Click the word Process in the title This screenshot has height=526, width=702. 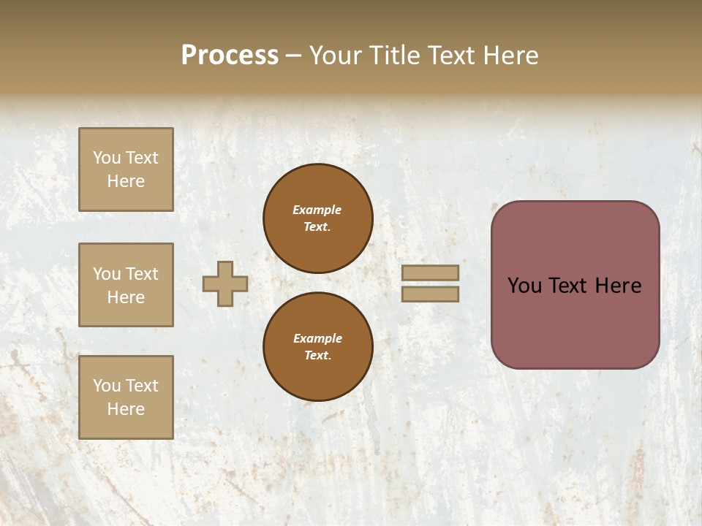pyautogui.click(x=230, y=56)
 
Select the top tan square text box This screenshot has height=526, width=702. pyautogui.click(x=126, y=169)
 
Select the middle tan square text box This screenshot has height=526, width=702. pyautogui.click(x=126, y=285)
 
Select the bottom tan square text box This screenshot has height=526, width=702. pyautogui.click(x=126, y=397)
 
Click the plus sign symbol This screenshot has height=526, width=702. pyautogui.click(x=225, y=283)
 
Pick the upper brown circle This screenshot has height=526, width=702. pyautogui.click(x=318, y=218)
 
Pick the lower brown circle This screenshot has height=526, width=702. pyautogui.click(x=318, y=346)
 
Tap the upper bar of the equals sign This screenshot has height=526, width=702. pyautogui.click(x=430, y=272)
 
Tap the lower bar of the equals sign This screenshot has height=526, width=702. pyautogui.click(x=430, y=294)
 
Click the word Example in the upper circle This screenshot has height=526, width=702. pyautogui.click(x=317, y=210)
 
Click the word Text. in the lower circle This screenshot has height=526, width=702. pyautogui.click(x=317, y=356)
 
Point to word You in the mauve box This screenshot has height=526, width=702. pyautogui.click(x=524, y=286)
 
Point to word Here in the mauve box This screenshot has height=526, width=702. pyautogui.click(x=618, y=286)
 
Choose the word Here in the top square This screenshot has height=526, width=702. pyautogui.click(x=126, y=181)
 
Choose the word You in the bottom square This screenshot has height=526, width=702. pyautogui.click(x=107, y=385)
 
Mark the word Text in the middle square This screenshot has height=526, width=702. pyautogui.click(x=141, y=274)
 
